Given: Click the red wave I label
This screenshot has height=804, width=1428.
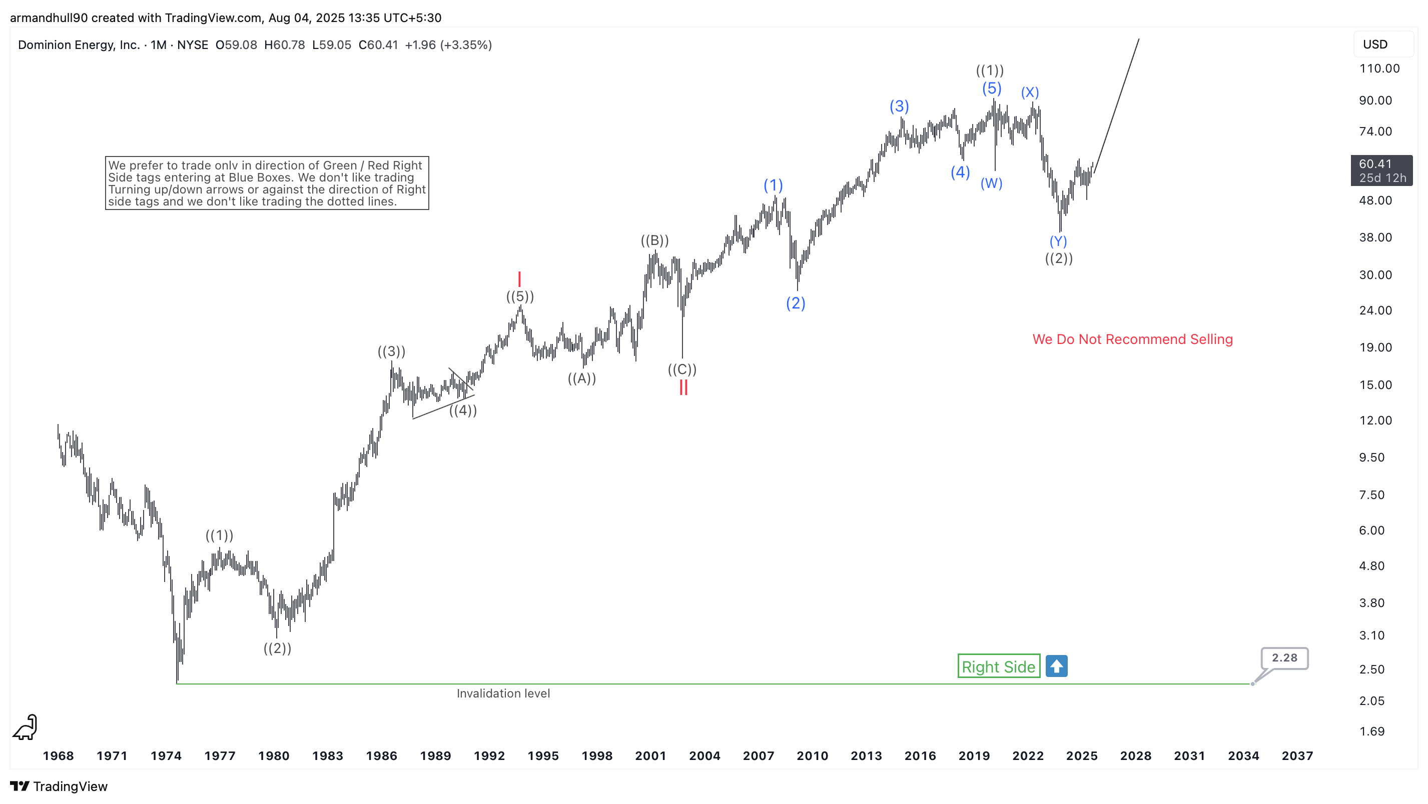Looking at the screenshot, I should tap(519, 278).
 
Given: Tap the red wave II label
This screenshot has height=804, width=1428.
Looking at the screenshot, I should tap(683, 387).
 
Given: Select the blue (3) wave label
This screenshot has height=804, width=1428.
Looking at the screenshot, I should tap(899, 106).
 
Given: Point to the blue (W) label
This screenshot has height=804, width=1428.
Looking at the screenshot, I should tap(991, 183).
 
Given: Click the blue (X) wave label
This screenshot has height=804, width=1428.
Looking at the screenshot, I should tap(1030, 92).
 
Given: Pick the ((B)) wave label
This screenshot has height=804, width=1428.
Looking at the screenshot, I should tap(654, 240).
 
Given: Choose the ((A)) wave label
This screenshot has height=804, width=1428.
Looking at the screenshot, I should tap(581, 378).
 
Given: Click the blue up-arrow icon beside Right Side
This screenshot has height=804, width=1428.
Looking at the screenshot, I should tap(1057, 666).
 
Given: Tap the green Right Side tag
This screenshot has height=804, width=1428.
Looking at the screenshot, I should tap(998, 666).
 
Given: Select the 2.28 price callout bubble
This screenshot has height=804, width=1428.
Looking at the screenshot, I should tap(1284, 657).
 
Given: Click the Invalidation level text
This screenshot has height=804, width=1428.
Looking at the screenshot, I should tap(503, 693).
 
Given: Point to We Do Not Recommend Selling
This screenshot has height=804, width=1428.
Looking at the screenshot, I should tap(1132, 339).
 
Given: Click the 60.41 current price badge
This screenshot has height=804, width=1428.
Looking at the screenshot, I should tap(1381, 170).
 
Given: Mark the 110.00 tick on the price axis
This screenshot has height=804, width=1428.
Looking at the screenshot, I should tap(1379, 68).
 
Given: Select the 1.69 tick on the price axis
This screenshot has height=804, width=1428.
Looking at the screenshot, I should tap(1372, 731).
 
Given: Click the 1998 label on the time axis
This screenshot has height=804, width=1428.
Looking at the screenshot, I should tap(596, 756).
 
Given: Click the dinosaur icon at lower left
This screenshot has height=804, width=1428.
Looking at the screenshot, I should tap(25, 727).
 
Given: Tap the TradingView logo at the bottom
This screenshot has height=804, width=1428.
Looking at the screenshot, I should tap(59, 786).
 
